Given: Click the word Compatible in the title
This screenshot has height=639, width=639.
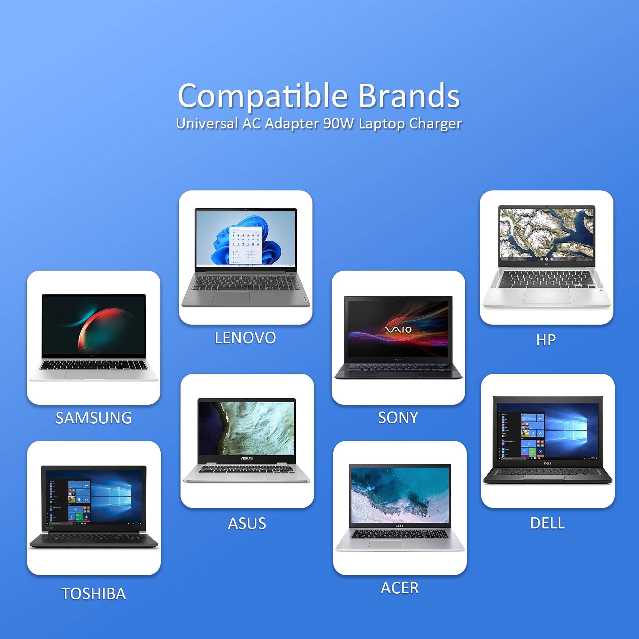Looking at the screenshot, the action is (x=263, y=96).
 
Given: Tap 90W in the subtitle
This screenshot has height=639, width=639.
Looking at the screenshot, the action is (x=338, y=124).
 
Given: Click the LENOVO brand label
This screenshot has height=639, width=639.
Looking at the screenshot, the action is (x=245, y=338).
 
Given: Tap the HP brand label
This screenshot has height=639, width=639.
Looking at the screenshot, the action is (x=546, y=340).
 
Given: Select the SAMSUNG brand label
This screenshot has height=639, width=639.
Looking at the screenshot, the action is (x=94, y=418).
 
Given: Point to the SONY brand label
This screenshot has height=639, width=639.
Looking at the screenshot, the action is (x=398, y=418).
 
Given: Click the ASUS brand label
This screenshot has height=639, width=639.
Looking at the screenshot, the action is (x=247, y=524).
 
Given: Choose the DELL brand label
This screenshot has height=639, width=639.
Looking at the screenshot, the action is (x=547, y=523).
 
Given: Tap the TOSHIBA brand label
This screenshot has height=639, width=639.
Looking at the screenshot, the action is (x=94, y=594).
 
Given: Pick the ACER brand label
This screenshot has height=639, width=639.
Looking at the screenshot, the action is (x=400, y=588).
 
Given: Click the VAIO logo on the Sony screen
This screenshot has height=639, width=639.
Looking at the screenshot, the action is (x=398, y=329).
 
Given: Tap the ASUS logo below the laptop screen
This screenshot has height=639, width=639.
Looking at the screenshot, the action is (x=247, y=458).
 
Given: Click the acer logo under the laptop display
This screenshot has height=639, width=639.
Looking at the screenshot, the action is (x=400, y=526).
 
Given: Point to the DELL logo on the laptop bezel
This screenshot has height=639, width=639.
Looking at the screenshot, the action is (x=548, y=463).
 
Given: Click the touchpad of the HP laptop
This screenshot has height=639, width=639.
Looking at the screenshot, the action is (x=546, y=296).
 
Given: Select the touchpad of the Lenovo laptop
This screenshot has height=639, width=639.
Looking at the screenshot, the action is (x=231, y=298).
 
